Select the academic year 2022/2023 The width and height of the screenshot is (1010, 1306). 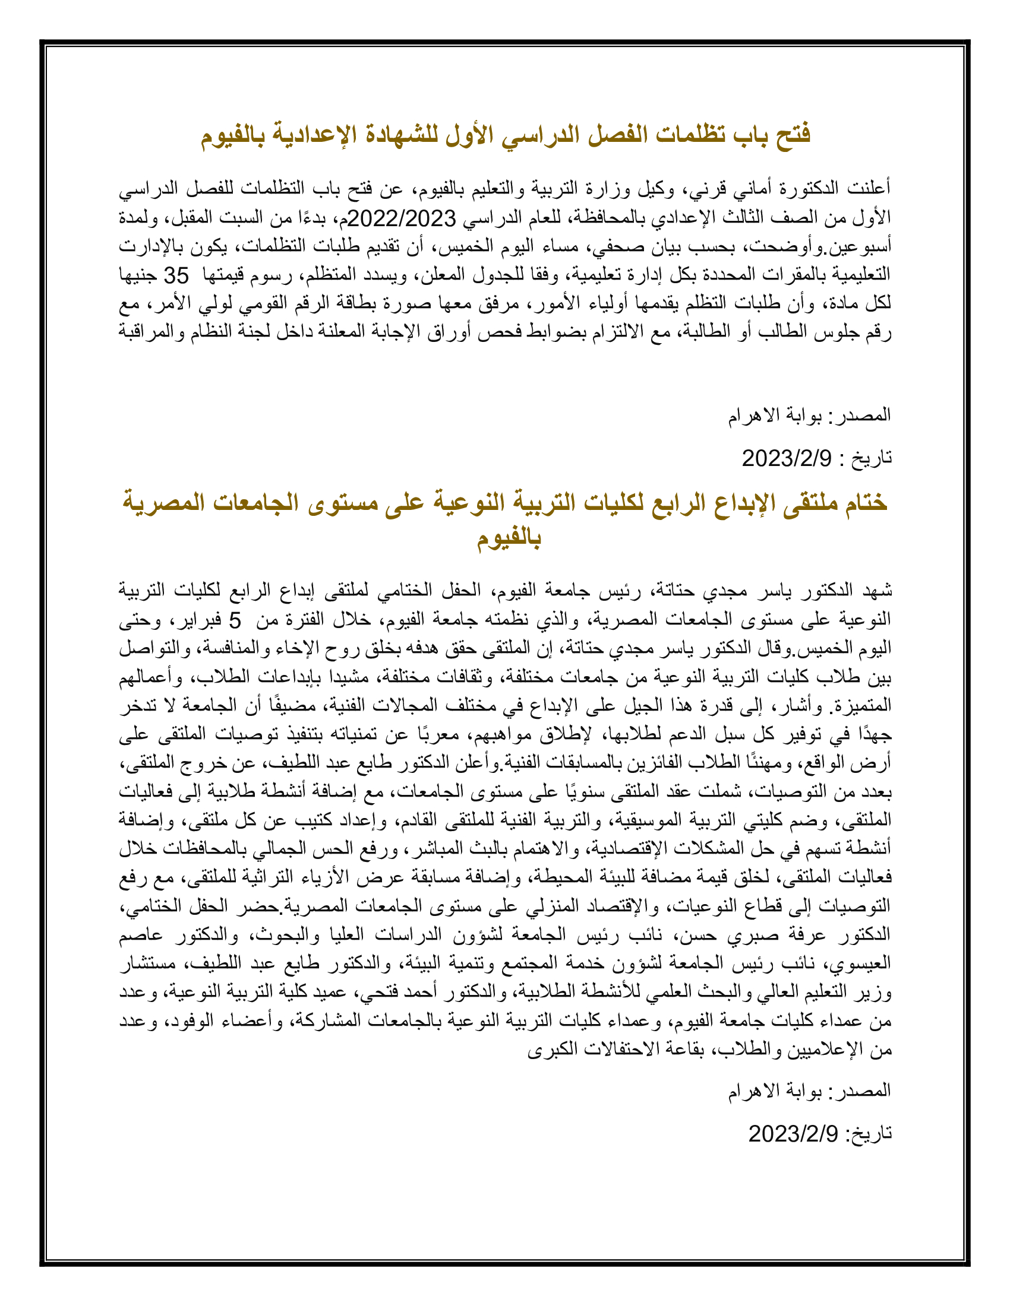[402, 219]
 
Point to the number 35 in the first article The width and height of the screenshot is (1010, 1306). [176, 275]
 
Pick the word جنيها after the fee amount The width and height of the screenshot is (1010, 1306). [138, 275]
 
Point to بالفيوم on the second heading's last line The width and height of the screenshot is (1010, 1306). [509, 538]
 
